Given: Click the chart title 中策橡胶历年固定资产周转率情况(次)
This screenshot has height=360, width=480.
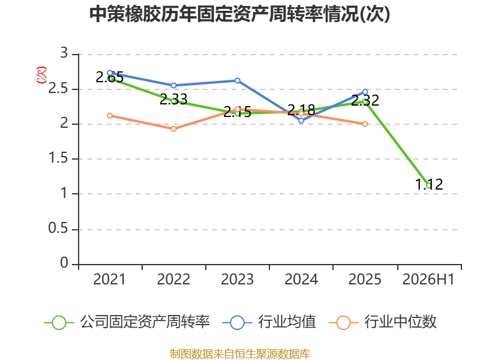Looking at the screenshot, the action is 239,14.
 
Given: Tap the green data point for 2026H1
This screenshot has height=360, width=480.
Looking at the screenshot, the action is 429,185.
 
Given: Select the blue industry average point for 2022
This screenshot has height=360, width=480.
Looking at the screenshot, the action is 173,85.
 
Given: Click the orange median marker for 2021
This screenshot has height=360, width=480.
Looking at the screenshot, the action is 110,115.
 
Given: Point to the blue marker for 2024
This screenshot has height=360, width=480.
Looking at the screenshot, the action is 301,121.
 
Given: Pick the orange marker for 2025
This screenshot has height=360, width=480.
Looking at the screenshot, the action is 365,124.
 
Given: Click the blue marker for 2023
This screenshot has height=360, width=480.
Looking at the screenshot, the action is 237,80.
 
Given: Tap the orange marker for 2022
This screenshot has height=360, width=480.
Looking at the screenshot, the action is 173,129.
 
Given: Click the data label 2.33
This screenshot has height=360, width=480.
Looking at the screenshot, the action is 173,99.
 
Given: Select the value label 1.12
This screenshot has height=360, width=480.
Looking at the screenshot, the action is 429,184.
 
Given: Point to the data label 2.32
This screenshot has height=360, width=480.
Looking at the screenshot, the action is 365,100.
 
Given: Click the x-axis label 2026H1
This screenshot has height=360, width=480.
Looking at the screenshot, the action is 428,279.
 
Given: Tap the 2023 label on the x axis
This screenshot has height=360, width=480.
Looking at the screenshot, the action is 237,279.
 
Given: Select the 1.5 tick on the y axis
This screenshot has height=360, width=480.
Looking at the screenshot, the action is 58,158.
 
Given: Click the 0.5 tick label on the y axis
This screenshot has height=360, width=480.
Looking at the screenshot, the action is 58,229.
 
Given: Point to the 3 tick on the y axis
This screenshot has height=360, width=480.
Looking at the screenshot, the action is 64,53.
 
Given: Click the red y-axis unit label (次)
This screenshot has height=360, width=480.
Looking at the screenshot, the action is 41,75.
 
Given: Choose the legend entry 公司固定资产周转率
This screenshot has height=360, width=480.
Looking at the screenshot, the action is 127,322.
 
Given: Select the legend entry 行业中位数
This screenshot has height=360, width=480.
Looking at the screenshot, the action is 383,322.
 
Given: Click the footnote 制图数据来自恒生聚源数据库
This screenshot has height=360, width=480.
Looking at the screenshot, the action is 239,354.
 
